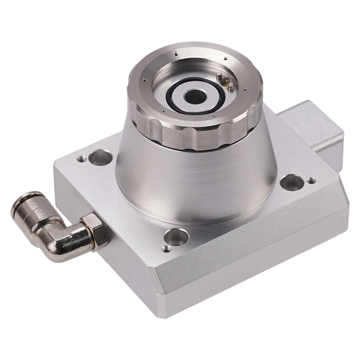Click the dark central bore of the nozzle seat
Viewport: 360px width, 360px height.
click(x=195, y=96)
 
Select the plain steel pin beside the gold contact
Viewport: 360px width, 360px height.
click(x=219, y=76)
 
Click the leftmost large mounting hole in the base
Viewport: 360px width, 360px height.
click(x=100, y=158)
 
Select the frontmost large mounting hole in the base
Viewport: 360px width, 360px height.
click(x=176, y=237)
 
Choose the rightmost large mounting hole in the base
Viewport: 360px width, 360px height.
click(x=292, y=182)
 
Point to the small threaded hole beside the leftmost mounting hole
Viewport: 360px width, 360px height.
click(x=82, y=158)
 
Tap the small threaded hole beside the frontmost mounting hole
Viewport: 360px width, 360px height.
click(x=166, y=248)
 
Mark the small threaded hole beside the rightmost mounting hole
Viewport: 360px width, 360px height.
click(x=311, y=180)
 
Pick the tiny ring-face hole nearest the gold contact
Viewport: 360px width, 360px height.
click(x=245, y=89)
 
